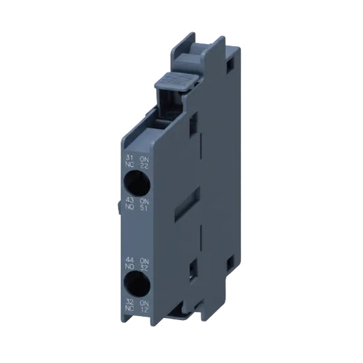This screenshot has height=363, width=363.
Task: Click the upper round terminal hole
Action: (x=134, y=182)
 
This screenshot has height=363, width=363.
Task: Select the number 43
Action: (x=127, y=200)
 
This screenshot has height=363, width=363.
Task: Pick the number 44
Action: (x=127, y=258)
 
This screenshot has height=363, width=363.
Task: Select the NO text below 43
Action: (x=127, y=207)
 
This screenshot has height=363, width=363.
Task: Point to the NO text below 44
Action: (x=127, y=266)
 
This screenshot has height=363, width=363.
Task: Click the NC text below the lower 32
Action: (x=127, y=309)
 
